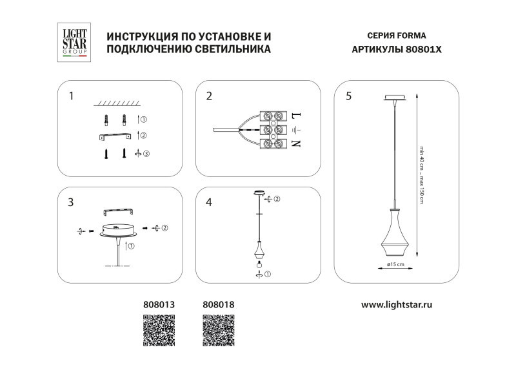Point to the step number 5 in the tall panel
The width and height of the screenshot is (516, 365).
point(349,96)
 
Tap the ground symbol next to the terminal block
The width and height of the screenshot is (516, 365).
point(295,130)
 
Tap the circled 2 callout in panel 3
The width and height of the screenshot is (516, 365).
point(164,228)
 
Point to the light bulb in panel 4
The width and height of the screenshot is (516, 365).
point(259,264)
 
